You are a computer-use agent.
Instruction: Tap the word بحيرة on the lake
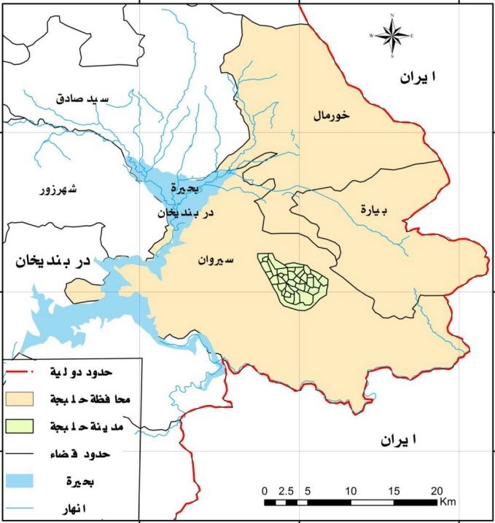[185, 186]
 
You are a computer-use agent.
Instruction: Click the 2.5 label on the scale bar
[285, 489]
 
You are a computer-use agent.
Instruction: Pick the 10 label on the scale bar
[351, 489]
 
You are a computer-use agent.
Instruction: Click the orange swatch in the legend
[26, 399]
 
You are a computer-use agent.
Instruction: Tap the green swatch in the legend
[26, 426]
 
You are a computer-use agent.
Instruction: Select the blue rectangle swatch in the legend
[26, 481]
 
